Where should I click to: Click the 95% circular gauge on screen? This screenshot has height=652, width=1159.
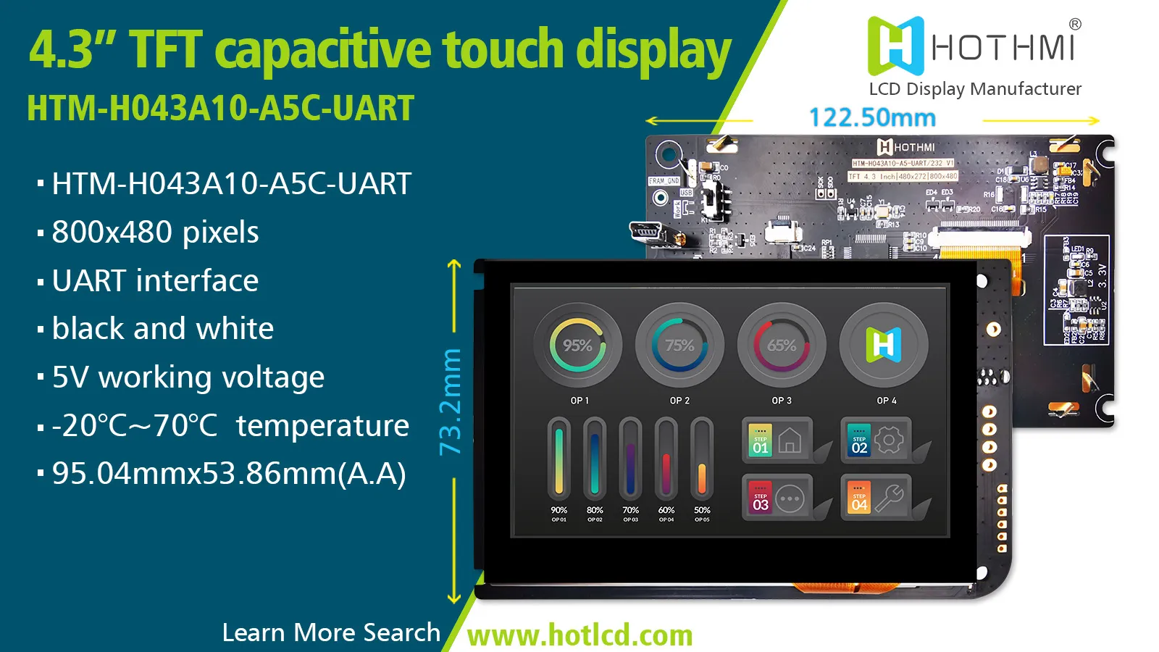pos(577,346)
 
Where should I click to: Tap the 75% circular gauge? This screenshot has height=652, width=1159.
pos(679,346)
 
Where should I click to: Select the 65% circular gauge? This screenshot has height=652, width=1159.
pos(782,346)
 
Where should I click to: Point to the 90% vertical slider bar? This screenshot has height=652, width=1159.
pos(558,459)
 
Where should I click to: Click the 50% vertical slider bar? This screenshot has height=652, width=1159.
pos(702,459)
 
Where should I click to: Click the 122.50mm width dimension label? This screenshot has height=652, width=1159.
pos(872,118)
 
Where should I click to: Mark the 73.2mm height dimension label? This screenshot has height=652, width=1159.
pos(451,402)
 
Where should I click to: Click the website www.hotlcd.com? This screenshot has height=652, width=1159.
pos(580,635)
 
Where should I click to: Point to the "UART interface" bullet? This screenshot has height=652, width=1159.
pos(155,280)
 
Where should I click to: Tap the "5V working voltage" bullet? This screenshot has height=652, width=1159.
pos(188,377)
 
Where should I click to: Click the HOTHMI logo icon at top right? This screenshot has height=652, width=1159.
pos(896,46)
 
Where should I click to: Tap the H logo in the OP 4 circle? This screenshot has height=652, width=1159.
pos(884,345)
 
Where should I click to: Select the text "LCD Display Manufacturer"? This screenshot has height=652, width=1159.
pos(975,89)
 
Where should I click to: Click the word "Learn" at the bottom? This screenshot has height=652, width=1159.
pos(254,632)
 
